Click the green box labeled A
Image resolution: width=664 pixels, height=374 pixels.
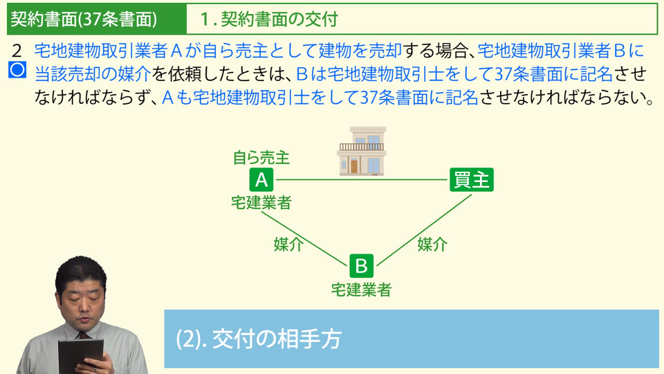pos(261,180)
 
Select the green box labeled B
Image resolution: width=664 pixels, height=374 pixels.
pos(361,266)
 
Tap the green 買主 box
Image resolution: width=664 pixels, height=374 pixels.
pos(471,180)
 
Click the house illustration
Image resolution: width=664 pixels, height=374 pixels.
pos(362,152)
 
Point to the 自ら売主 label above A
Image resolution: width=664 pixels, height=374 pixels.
pos(261,158)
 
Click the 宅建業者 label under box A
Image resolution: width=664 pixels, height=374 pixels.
pos(261,203)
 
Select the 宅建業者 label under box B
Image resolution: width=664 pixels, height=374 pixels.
pos(361,290)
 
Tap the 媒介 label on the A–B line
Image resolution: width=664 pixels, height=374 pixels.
pos(288,244)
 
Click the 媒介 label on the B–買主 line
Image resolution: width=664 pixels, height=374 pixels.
pos(432,244)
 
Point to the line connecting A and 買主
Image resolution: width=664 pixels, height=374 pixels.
pos(362,180)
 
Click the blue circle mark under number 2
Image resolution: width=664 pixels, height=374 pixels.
pos(17,70)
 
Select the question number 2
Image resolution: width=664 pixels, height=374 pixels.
pos(17,51)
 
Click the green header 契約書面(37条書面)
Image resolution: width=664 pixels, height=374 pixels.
pos(84,19)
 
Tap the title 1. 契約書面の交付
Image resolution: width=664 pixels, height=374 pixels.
pos(269,19)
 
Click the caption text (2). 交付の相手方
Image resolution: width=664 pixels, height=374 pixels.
pos(259,339)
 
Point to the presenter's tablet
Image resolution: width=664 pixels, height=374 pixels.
pos(80,355)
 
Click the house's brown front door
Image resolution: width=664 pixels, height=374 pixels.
pos(354,166)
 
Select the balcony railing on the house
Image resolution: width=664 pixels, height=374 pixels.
pos(362,147)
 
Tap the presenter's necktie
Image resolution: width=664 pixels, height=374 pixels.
pos(83,335)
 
